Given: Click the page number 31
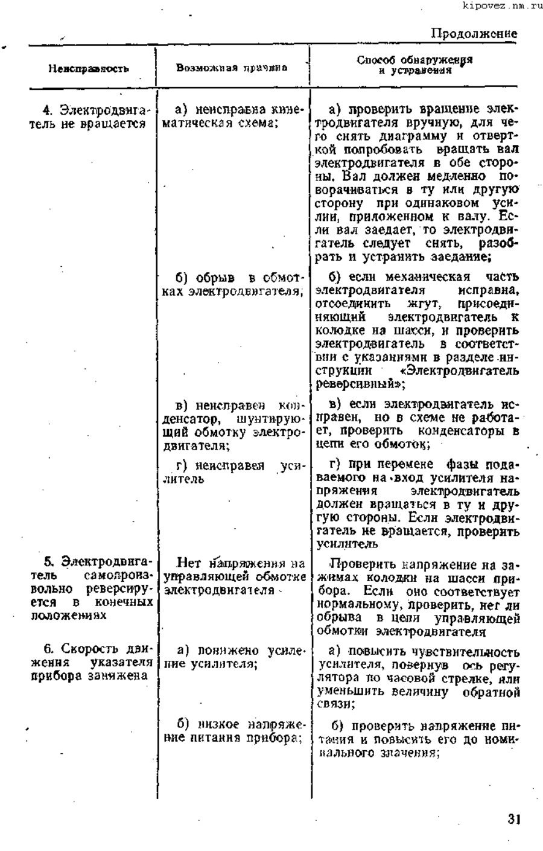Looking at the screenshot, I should click(x=513, y=819).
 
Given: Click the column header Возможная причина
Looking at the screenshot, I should click(x=232, y=67).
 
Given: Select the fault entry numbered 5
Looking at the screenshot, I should click(x=90, y=589).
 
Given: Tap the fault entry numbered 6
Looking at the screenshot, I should click(x=90, y=663).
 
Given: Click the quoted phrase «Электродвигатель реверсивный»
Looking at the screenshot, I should click(x=416, y=377).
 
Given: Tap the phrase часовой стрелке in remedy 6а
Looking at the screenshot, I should click(x=425, y=678).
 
